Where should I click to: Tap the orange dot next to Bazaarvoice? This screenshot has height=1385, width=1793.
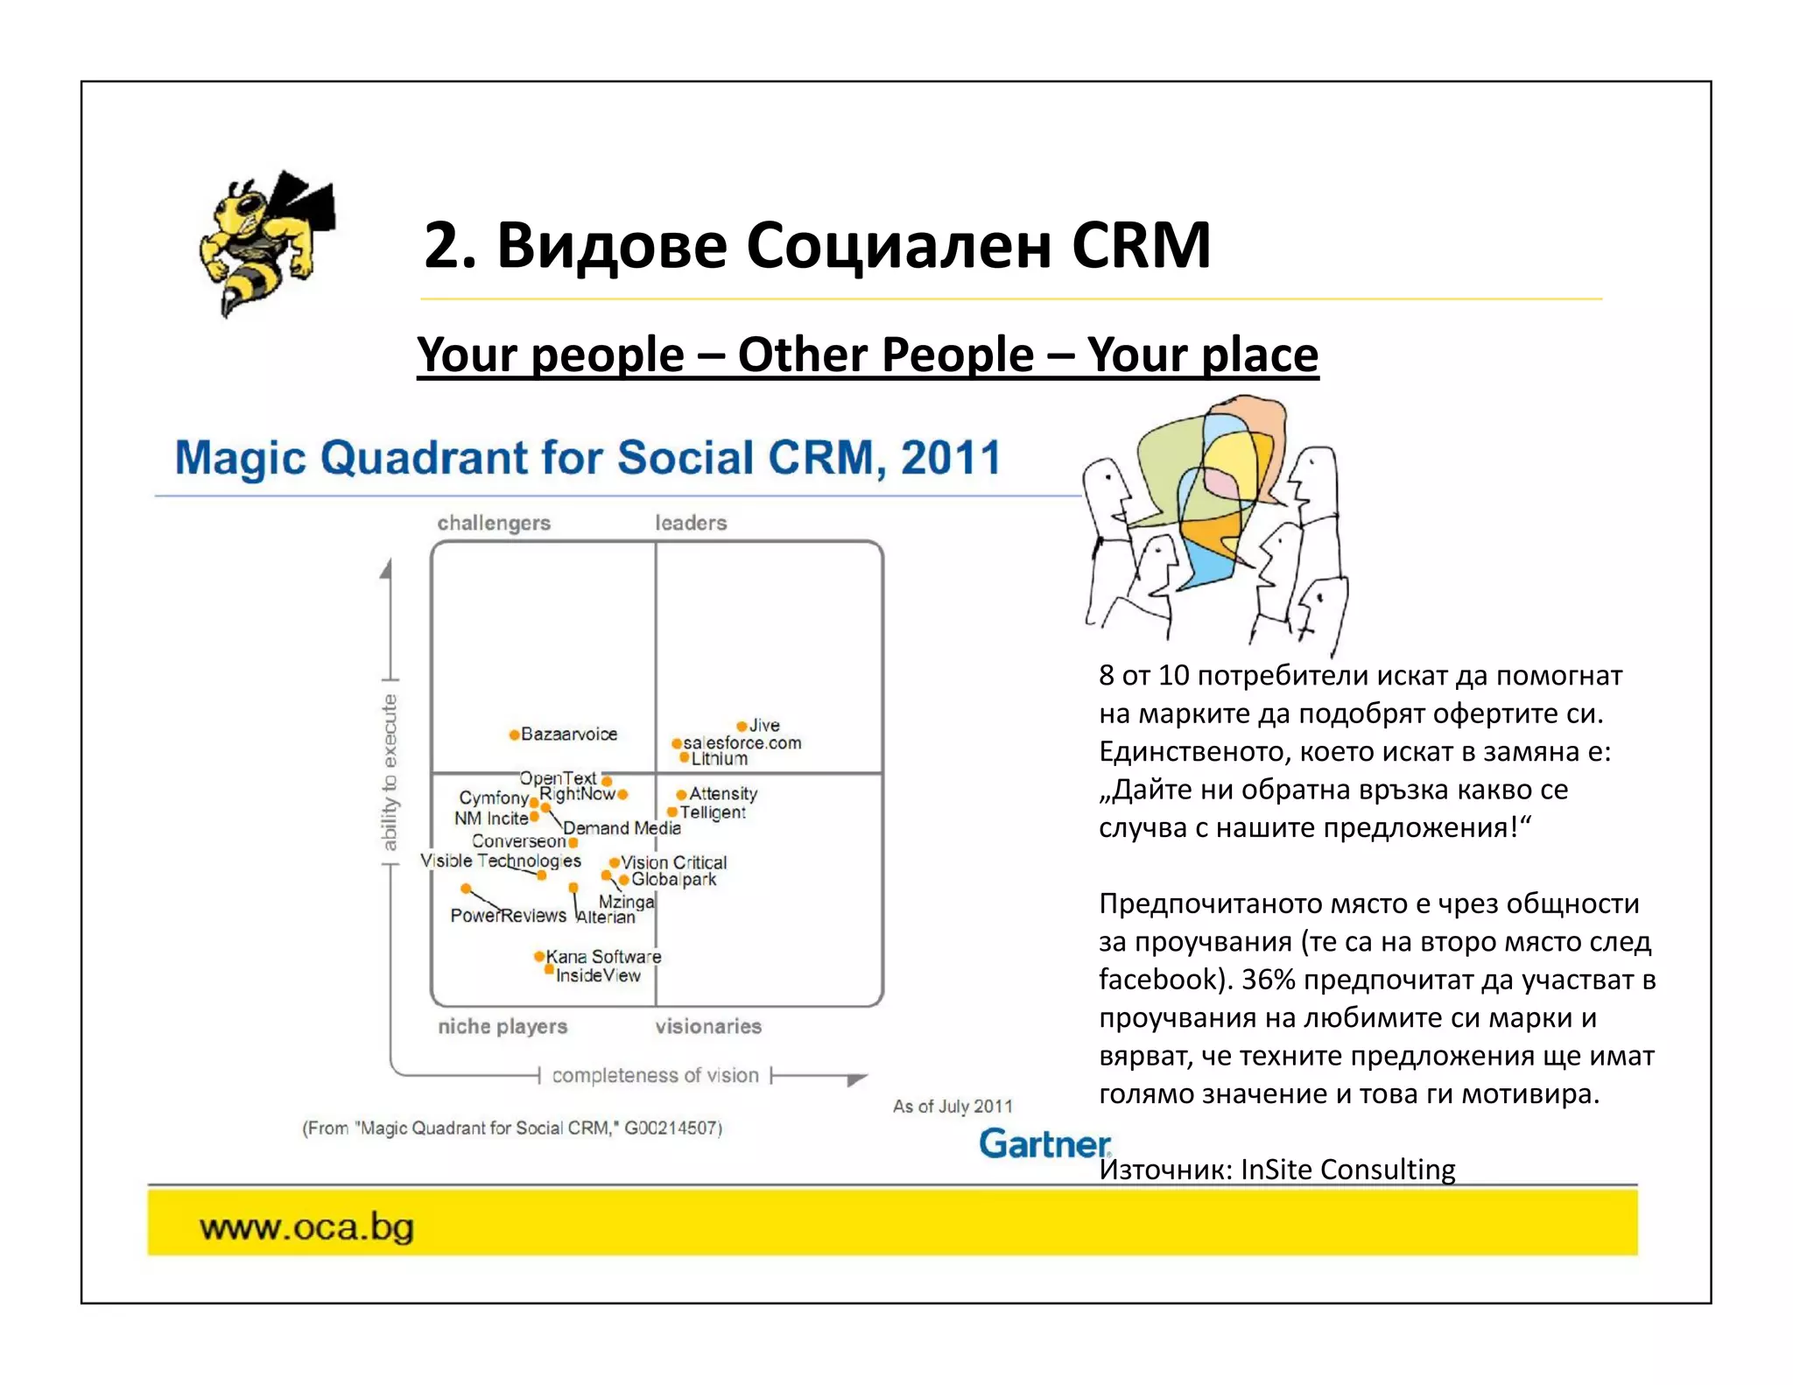tap(514, 735)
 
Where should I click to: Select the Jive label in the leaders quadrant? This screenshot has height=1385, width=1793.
tap(764, 725)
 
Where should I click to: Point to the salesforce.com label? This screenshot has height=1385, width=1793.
tap(742, 742)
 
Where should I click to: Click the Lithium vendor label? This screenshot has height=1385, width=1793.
tap(720, 758)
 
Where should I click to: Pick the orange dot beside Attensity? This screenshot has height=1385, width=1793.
tap(681, 795)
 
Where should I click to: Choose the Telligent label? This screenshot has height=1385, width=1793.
tap(713, 812)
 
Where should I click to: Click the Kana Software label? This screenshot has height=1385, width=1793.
tap(603, 956)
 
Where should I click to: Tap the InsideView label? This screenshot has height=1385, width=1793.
tap(598, 975)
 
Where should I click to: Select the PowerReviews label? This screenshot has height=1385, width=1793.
tap(508, 915)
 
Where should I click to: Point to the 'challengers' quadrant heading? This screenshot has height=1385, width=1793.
tap(494, 523)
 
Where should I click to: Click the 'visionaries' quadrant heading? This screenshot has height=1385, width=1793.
tap(708, 1026)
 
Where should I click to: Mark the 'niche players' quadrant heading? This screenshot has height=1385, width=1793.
tap(503, 1026)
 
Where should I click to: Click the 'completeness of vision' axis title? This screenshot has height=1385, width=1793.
tap(655, 1075)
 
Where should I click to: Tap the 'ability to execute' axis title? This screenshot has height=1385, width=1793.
tap(390, 772)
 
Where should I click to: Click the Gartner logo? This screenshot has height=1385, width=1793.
tap(1044, 1143)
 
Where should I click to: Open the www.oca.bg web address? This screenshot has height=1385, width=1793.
tap(306, 1227)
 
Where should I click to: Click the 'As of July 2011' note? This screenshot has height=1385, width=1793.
tap(953, 1106)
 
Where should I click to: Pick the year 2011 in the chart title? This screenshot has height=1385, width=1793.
tap(950, 458)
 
